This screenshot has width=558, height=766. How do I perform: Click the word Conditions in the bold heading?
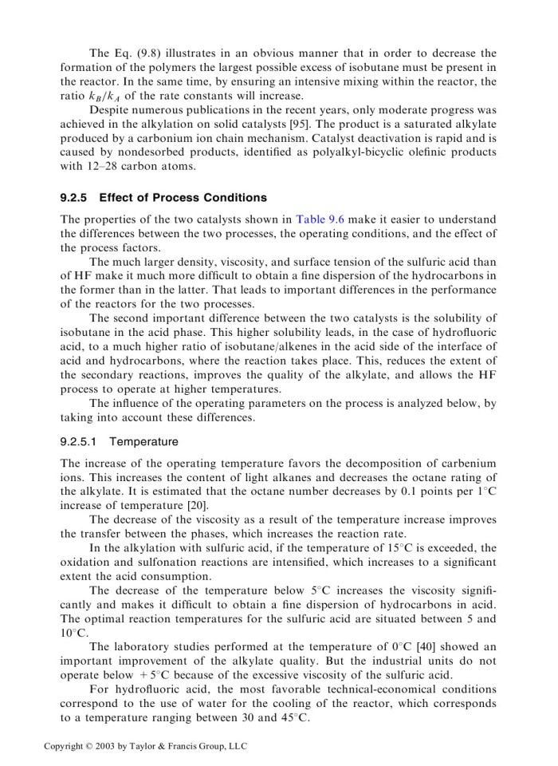pyautogui.click(x=230, y=197)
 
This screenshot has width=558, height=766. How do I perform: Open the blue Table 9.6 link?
pyautogui.click(x=320, y=219)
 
